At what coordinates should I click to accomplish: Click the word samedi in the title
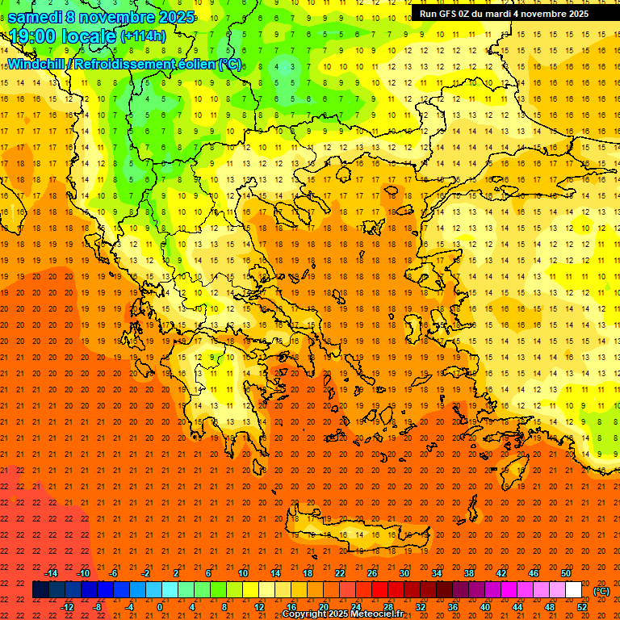35,17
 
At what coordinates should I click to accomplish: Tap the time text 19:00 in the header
37,36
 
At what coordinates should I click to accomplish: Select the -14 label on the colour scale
50,572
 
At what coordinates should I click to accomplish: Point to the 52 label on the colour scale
582,607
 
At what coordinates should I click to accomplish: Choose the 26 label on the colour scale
372,572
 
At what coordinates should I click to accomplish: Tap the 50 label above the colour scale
566,572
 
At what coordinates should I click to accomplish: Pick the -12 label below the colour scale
68,607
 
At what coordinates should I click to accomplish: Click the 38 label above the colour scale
469,572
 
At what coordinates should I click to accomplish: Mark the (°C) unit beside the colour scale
601,591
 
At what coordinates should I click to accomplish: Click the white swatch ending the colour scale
574,590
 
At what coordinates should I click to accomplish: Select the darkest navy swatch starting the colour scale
40,590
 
